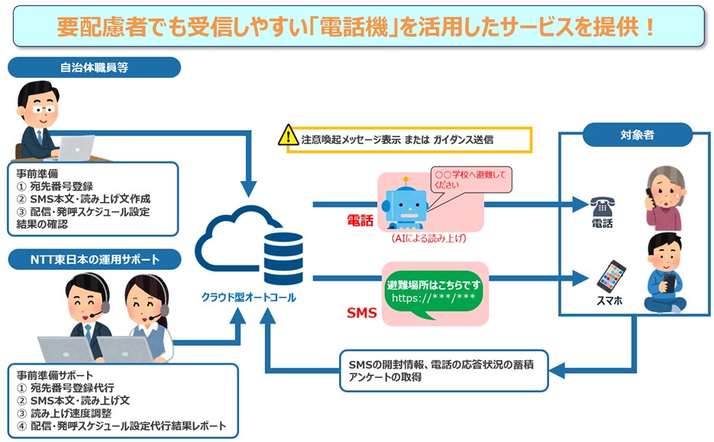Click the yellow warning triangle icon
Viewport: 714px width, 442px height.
[288, 135]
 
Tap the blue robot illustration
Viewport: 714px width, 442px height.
[405, 204]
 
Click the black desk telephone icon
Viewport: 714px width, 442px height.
[603, 207]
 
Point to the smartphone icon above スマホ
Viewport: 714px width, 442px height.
[611, 276]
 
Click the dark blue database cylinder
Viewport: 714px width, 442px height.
[283, 258]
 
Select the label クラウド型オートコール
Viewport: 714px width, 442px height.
[249, 297]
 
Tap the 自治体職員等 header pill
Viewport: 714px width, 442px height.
[94, 67]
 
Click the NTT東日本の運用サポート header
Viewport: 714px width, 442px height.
[95, 259]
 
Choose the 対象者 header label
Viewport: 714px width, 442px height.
[637, 135]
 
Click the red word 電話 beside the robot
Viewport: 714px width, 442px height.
[360, 221]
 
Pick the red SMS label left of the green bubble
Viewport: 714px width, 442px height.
[362, 313]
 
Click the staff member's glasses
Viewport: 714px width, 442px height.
[44, 109]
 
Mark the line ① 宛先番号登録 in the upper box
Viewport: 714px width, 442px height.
[55, 186]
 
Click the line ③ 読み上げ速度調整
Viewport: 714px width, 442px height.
[64, 413]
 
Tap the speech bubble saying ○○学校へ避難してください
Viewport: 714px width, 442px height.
[471, 180]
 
